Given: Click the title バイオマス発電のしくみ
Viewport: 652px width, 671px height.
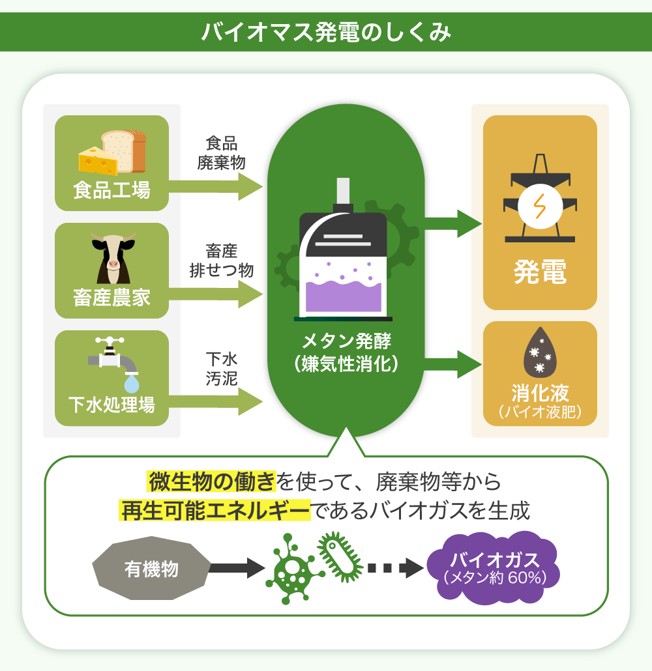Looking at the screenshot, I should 326,32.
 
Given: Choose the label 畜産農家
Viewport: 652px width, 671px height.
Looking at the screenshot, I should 112,298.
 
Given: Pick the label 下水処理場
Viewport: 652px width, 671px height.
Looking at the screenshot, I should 112,405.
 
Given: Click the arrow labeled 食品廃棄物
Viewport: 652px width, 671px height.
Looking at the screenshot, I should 215,187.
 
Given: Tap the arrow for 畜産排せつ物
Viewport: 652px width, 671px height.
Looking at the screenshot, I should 215,294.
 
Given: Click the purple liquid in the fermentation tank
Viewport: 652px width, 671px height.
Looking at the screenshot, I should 344,296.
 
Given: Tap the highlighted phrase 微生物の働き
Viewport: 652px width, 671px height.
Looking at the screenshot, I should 212,483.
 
